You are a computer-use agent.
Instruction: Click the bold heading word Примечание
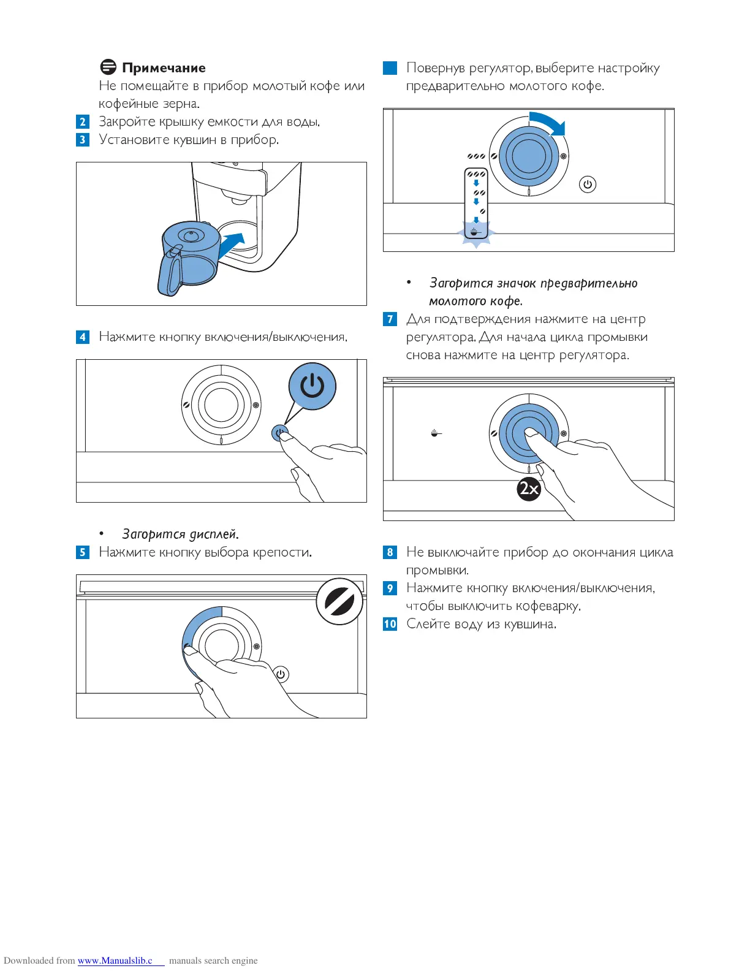coord(164,68)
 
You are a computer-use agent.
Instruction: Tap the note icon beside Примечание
coord(108,67)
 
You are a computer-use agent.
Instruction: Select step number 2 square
coord(83,122)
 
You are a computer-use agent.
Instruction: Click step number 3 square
coord(83,140)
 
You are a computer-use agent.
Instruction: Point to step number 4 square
coord(83,337)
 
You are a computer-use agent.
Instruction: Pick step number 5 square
coord(83,552)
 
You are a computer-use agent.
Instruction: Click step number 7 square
coord(390,319)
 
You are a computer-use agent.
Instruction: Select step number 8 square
coord(390,552)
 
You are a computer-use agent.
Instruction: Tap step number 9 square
coord(390,588)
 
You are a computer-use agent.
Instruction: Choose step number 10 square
coord(390,624)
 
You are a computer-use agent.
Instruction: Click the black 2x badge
coord(529,489)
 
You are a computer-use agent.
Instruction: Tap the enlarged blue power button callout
coord(312,386)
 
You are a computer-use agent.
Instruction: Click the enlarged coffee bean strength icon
coord(339,601)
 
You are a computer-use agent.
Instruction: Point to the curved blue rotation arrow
coord(549,122)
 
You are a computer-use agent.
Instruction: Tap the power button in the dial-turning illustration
coord(587,184)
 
